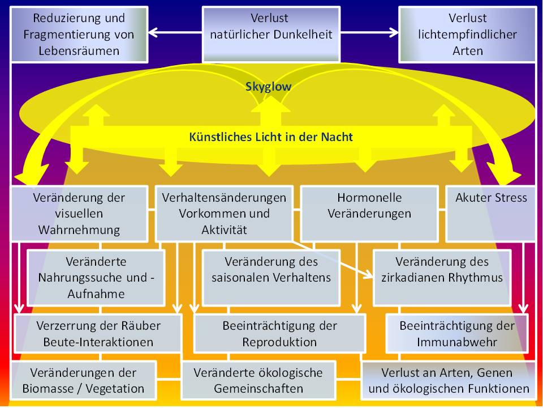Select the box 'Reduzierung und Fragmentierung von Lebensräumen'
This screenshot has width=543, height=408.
click(79, 34)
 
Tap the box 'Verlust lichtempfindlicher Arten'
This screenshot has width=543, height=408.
click(467, 34)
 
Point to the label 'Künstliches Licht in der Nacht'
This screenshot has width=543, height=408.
click(270, 137)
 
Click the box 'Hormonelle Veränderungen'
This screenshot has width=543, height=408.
click(369, 213)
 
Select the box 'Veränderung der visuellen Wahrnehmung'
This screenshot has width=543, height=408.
click(79, 213)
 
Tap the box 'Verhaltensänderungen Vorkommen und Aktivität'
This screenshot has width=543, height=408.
click(224, 213)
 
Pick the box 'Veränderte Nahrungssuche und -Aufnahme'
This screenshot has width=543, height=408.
click(96, 277)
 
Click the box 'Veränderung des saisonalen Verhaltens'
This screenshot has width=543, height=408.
click(271, 270)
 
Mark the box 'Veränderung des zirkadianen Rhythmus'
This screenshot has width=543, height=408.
click(442, 270)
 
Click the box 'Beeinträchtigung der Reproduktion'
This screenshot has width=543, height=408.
click(279, 334)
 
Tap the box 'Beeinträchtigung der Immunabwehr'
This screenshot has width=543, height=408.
click(457, 334)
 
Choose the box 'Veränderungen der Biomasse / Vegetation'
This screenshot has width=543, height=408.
click(84, 381)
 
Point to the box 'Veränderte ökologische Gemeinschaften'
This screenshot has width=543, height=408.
click(258, 381)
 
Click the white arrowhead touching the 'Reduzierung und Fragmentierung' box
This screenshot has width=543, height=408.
click(153, 32)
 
